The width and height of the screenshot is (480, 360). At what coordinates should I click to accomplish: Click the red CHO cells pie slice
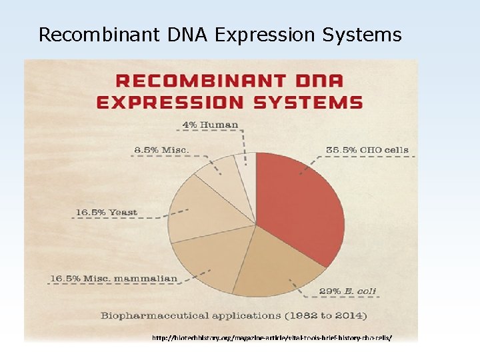click(300, 207)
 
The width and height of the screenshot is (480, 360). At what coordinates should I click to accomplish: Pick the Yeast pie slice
click(200, 207)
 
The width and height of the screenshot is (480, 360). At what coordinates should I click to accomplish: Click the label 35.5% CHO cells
click(367, 149)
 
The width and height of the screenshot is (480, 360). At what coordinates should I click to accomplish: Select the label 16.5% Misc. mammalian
click(115, 278)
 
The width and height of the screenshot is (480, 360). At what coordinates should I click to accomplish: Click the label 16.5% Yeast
click(106, 212)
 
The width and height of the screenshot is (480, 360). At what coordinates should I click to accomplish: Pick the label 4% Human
click(210, 125)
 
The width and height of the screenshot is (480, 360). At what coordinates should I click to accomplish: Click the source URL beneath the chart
click(272, 338)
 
